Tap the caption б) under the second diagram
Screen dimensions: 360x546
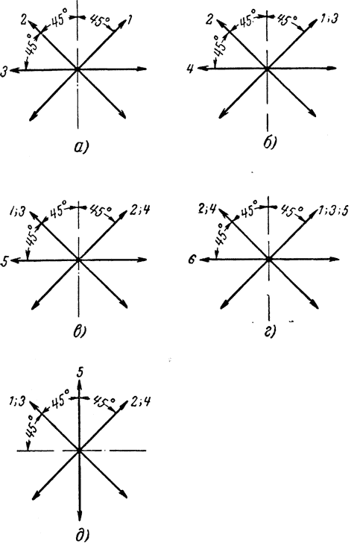270,142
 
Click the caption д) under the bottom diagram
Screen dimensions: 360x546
82,536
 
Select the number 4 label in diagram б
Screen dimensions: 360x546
190,69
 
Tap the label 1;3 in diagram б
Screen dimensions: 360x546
329,19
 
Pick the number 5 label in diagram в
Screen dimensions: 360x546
4,262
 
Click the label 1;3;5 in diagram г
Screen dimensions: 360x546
334,210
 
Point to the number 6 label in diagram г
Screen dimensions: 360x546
193,260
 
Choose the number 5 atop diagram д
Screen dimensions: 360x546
80,372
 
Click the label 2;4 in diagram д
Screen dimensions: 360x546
141,402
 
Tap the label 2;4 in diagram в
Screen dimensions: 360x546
140,210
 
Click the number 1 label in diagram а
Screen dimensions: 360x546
130,20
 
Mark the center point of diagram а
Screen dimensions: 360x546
78,69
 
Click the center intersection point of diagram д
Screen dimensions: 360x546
79,451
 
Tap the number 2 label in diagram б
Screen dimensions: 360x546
209,19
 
